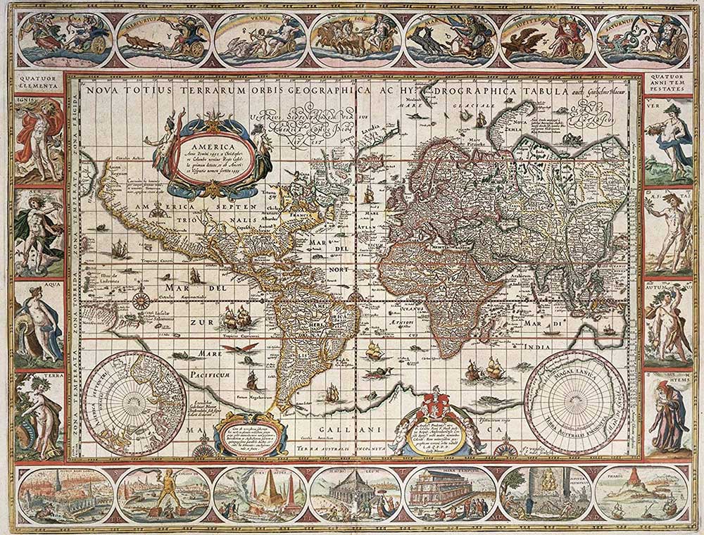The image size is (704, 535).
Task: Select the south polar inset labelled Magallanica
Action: [x=575, y=394]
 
